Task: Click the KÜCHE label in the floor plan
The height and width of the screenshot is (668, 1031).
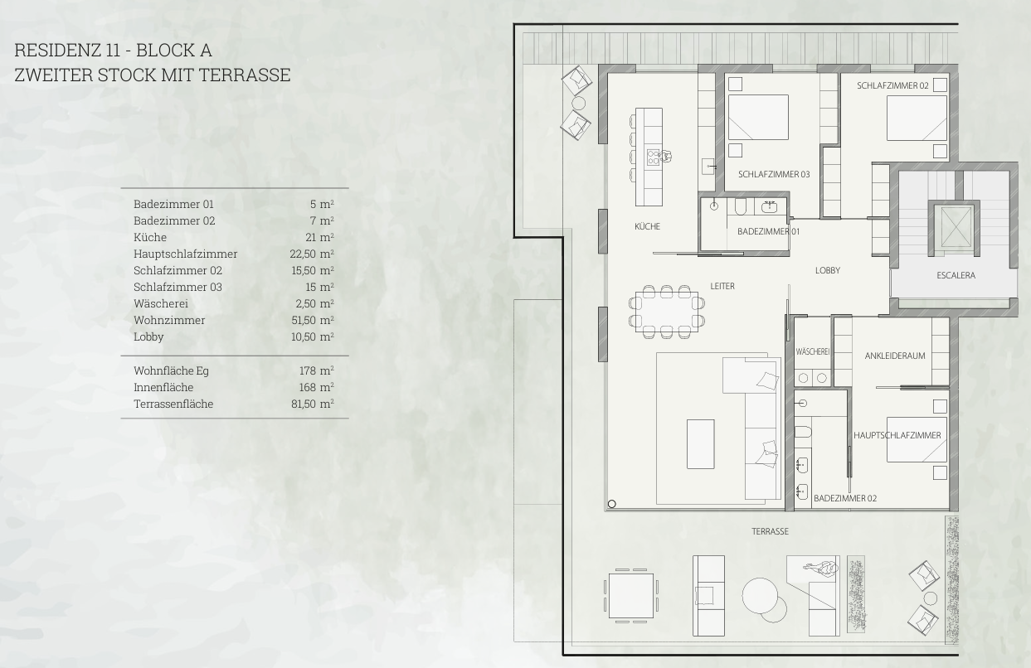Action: point(647,226)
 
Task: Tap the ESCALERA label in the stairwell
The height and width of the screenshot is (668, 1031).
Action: point(956,276)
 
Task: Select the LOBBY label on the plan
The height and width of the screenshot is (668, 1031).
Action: point(828,270)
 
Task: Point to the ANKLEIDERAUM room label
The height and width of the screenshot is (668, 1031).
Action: point(895,356)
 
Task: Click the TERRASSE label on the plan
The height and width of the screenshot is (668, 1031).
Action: point(770,531)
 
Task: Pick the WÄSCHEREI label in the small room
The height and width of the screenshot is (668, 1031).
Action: point(812,352)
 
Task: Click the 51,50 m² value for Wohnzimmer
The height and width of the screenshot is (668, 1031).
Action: point(313,320)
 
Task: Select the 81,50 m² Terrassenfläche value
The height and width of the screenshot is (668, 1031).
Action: point(313,404)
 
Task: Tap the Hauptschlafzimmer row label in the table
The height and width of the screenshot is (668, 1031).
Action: point(186,254)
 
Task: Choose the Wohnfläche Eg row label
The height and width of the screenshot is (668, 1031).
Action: point(171,370)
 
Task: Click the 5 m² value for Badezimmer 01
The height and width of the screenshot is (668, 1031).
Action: point(322,204)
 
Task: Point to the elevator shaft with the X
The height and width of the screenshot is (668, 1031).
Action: point(956,227)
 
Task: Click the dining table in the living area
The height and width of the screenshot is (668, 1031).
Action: point(667,312)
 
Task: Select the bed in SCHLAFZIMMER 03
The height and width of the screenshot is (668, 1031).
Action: point(758,117)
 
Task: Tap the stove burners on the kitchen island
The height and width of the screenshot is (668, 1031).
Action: point(653,157)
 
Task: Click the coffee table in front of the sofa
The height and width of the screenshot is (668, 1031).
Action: point(701,444)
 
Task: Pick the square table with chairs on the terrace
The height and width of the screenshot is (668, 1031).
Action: point(631,596)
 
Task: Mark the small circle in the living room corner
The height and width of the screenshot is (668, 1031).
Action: point(611,504)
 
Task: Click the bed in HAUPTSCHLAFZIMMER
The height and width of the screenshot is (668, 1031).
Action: point(917,439)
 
